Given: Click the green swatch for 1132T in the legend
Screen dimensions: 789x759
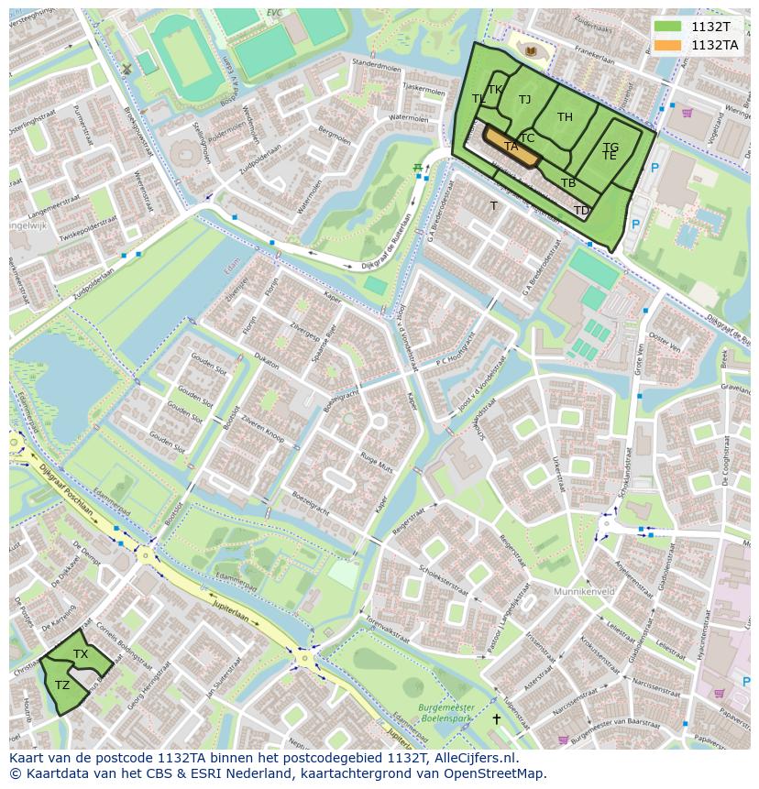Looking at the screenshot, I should (x=668, y=27).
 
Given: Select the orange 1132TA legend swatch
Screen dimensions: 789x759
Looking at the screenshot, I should (x=668, y=45).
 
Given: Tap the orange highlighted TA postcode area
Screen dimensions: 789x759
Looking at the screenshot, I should (x=511, y=148).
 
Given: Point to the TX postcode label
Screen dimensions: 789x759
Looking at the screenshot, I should (x=81, y=653).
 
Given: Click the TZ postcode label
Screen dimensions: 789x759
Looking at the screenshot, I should (x=62, y=685).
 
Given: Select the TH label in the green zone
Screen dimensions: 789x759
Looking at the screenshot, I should (x=565, y=116).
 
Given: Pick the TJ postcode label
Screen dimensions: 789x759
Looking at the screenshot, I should (x=524, y=99).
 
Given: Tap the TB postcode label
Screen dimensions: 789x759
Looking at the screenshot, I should (x=568, y=183).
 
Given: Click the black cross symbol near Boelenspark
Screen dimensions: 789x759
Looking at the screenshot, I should (x=497, y=719).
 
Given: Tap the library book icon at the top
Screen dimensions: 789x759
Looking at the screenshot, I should (x=529, y=49).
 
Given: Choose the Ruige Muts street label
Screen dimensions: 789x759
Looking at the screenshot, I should (x=376, y=462).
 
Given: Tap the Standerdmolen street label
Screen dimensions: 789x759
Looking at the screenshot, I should (x=377, y=65).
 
